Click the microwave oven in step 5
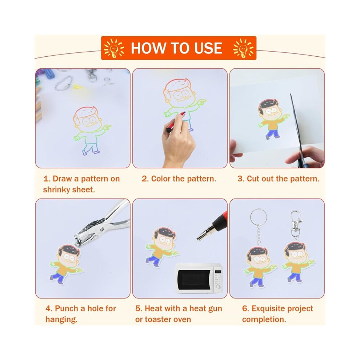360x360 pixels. (x=199, y=278)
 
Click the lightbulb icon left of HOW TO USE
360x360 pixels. (x=114, y=48)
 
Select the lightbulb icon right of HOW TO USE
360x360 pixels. (x=243, y=48)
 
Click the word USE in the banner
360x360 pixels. (x=208, y=48)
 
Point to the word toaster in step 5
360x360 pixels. (x=160, y=319)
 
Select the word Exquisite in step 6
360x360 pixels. (x=269, y=309)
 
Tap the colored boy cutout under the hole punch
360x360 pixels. (x=66, y=264)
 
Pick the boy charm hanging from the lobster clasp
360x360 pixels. (x=298, y=262)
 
